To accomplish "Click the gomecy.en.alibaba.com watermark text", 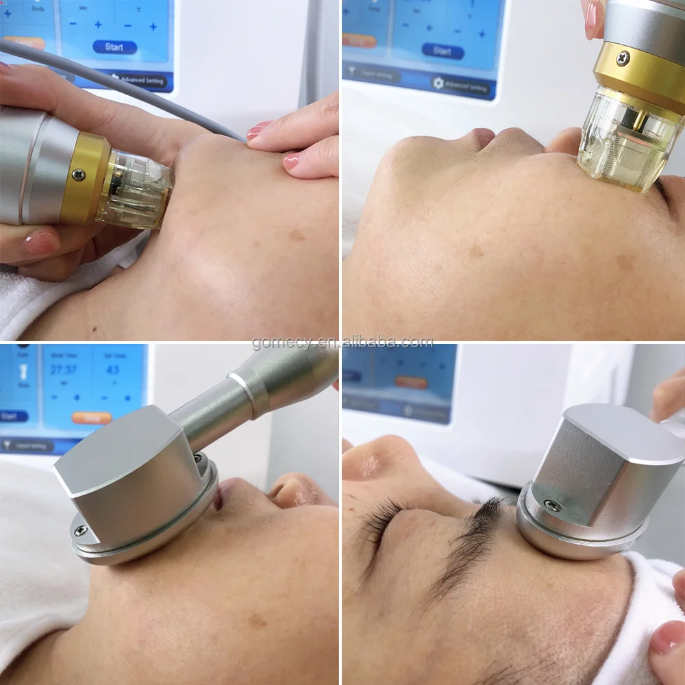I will click(342, 342).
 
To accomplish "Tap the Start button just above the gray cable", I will click(114, 47).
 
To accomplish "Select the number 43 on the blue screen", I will click(113, 370).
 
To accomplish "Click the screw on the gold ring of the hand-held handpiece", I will click(79, 175).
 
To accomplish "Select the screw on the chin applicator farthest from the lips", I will click(81, 531).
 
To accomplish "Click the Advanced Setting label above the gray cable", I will click(140, 81).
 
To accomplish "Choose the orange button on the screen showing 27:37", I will click(91, 417).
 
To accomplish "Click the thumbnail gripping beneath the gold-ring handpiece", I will click(41, 241).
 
